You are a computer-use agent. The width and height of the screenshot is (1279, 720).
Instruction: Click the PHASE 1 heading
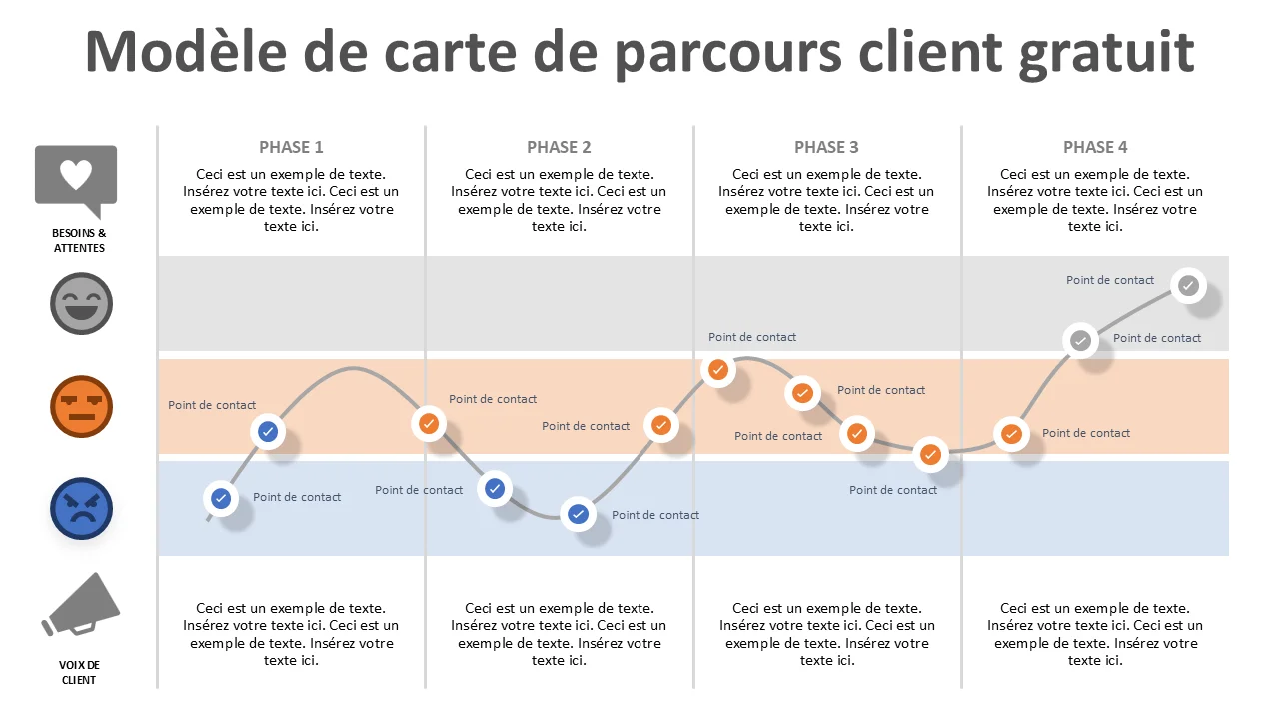[x=291, y=147]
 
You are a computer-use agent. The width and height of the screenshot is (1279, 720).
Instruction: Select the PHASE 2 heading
[x=559, y=147]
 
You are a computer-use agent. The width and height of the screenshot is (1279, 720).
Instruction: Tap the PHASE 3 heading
[x=826, y=147]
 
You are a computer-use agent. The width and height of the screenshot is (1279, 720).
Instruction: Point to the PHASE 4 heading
[x=1095, y=147]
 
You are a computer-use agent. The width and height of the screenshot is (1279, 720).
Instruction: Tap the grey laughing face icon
[x=81, y=303]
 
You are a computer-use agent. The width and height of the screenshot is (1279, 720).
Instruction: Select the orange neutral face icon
[x=81, y=406]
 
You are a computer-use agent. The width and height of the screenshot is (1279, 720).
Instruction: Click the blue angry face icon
[x=81, y=509]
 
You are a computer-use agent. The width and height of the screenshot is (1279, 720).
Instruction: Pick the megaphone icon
[x=81, y=605]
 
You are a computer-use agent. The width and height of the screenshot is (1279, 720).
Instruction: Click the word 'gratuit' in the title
[x=1106, y=53]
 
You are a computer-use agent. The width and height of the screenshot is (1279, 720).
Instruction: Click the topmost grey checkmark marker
[x=1188, y=285]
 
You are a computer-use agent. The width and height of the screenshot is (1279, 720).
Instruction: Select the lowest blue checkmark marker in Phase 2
[x=578, y=514]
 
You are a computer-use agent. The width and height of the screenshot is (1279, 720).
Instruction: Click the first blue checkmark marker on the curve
[x=221, y=498]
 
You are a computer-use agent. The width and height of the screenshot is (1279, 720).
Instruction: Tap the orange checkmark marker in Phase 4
[x=1011, y=434]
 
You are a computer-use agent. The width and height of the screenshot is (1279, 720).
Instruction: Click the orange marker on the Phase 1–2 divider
[x=429, y=424]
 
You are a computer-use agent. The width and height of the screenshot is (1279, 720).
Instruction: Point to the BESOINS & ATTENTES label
[x=79, y=241]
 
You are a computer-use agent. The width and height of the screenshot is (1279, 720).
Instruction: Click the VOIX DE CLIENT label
[x=79, y=673]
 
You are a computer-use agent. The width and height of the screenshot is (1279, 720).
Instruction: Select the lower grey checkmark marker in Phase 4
[x=1080, y=341]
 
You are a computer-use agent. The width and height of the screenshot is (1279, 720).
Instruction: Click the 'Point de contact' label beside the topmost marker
[x=1110, y=280]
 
